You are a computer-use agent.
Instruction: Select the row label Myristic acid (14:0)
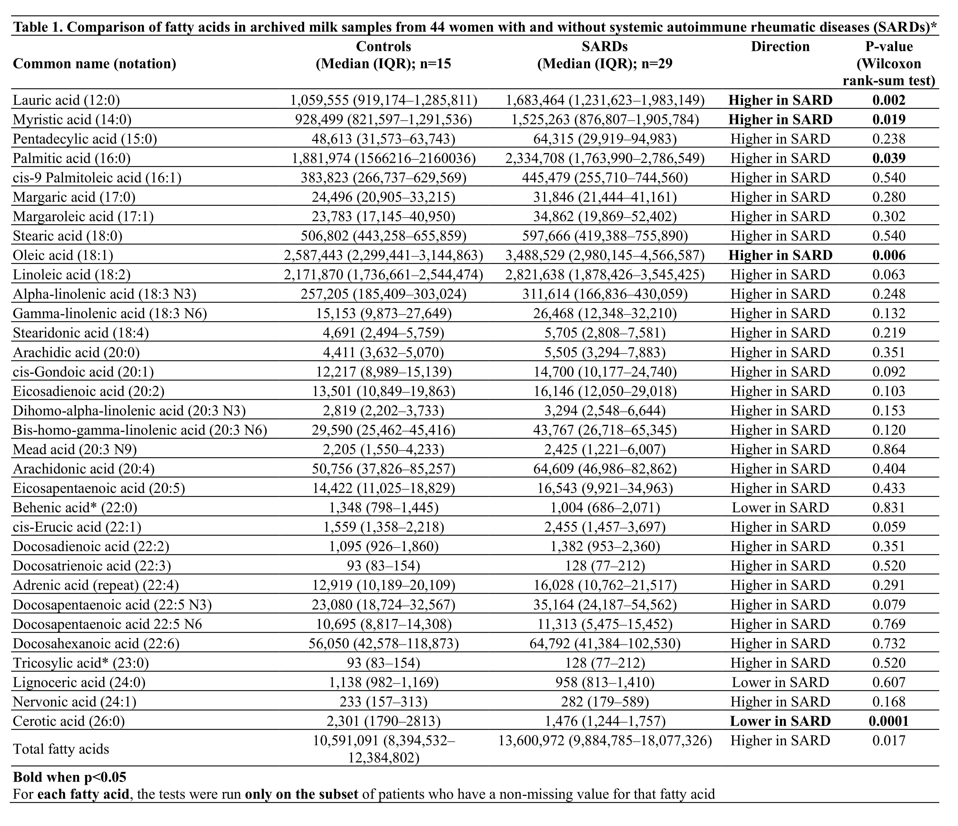pos(72,120)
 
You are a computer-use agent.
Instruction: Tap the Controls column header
pos(383,47)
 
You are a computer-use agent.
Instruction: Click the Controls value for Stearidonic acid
pos(383,333)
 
